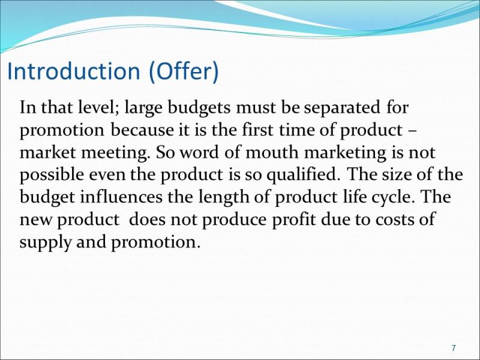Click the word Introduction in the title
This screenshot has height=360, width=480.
pos(73,71)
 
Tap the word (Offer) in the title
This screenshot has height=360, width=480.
pos(184,71)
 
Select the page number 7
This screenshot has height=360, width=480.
pos(454,348)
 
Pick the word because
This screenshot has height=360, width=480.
pos(142,130)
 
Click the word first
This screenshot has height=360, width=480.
pos(257,130)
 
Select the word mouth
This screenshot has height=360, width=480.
pos(272,152)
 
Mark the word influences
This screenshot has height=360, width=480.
pos(121,197)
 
